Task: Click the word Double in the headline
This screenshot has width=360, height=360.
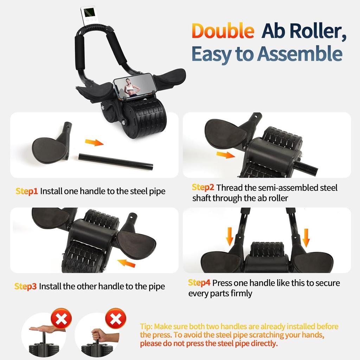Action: pyautogui.click(x=223, y=31)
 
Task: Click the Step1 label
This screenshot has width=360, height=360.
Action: pyautogui.click(x=26, y=191)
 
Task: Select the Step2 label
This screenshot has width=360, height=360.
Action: pyautogui.click(x=203, y=188)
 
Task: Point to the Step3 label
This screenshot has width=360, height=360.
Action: pyautogui.click(x=25, y=287)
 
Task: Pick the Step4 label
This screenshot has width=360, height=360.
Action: pyautogui.click(x=199, y=283)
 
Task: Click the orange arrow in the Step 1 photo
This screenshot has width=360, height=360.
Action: pyautogui.click(x=94, y=142)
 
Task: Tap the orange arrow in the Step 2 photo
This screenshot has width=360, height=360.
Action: pyautogui.click(x=225, y=155)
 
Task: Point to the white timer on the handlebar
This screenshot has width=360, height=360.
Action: pyautogui.click(x=87, y=16)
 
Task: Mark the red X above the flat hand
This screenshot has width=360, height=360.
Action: pyautogui.click(x=61, y=319)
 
